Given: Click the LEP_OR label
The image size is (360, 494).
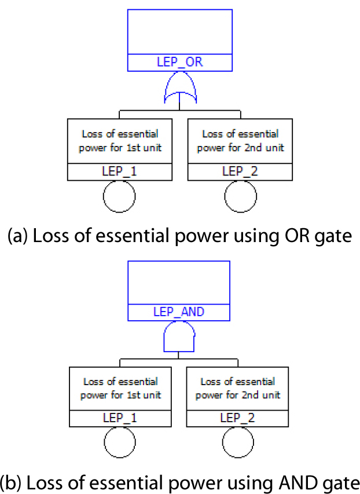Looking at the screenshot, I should (x=180, y=62).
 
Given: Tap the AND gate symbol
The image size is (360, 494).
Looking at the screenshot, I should (x=179, y=338).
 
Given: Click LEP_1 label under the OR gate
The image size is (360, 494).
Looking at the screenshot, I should (x=119, y=171).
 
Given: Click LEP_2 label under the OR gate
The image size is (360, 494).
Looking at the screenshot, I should (x=240, y=171).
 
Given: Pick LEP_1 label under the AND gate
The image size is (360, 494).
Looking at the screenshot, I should (x=120, y=418).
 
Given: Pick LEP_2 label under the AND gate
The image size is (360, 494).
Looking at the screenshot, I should (x=237, y=418).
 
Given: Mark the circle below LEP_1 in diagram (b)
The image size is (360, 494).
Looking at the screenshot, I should (x=120, y=443).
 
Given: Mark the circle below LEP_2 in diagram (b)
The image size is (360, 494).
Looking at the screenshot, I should (x=237, y=443).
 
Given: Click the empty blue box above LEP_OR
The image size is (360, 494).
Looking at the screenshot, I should (x=180, y=32).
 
